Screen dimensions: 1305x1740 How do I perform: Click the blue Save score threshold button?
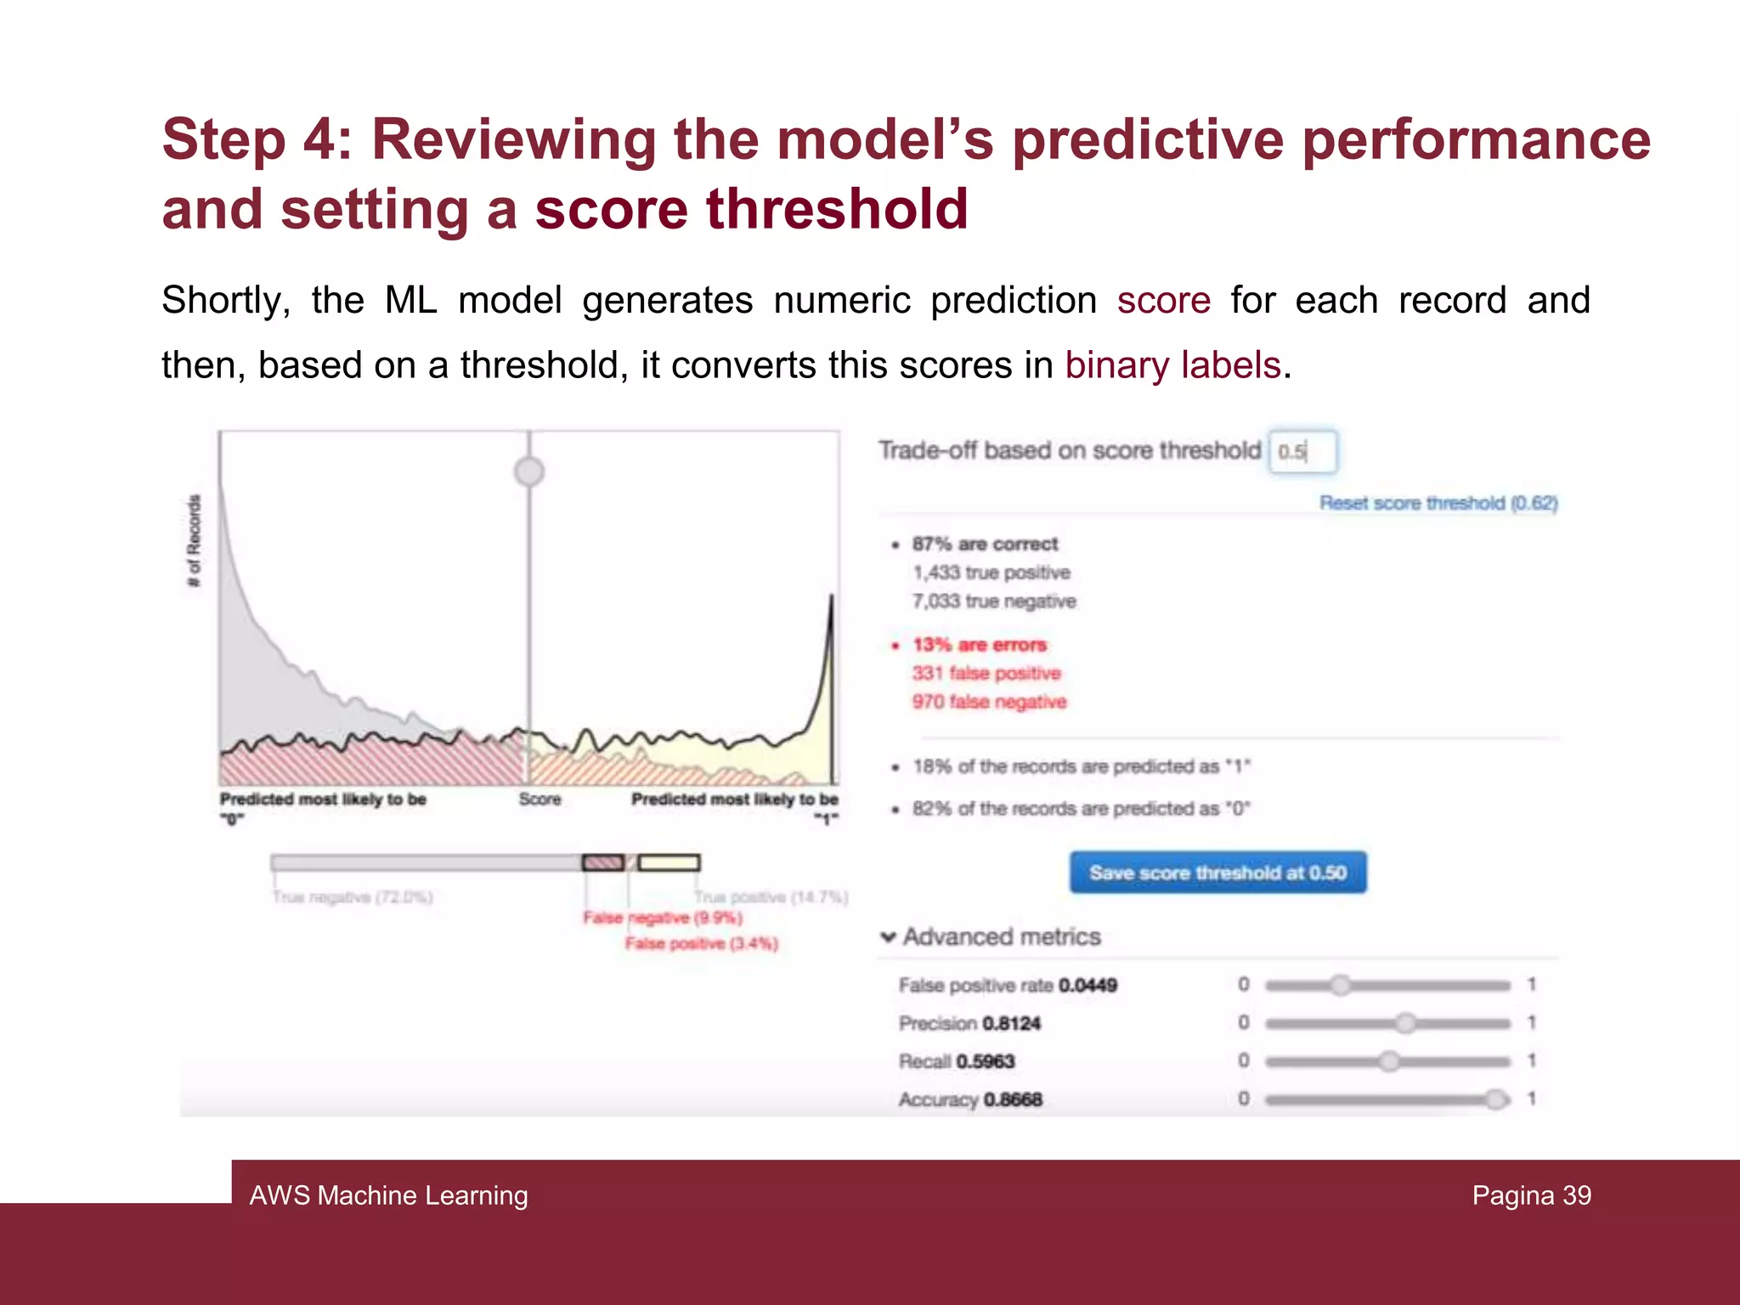1217,873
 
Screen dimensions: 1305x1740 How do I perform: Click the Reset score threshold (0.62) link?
1438,503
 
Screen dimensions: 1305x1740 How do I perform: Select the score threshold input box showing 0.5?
1302,451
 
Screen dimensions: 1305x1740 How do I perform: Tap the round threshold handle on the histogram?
529,471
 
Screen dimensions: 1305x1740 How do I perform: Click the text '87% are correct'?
985,544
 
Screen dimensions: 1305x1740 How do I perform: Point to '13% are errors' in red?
980,645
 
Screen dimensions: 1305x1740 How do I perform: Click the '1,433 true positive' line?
991,573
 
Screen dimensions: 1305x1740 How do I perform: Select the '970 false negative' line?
989,702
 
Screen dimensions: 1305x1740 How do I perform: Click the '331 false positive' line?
986,674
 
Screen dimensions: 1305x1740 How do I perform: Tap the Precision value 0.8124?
1011,1024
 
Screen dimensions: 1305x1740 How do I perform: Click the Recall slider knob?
1389,1061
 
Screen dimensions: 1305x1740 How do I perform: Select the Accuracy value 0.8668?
1013,1099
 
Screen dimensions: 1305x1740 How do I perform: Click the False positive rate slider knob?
1340,986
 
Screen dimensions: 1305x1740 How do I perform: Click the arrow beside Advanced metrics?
888,937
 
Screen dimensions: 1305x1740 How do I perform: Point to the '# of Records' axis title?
195,541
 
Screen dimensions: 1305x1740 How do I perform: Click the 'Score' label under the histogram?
540,799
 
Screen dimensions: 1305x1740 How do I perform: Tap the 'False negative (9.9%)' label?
663,918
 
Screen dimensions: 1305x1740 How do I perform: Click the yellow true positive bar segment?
669,863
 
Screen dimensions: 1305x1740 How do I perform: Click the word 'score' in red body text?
1163,301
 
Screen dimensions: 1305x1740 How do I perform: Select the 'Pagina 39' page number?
1531,1195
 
